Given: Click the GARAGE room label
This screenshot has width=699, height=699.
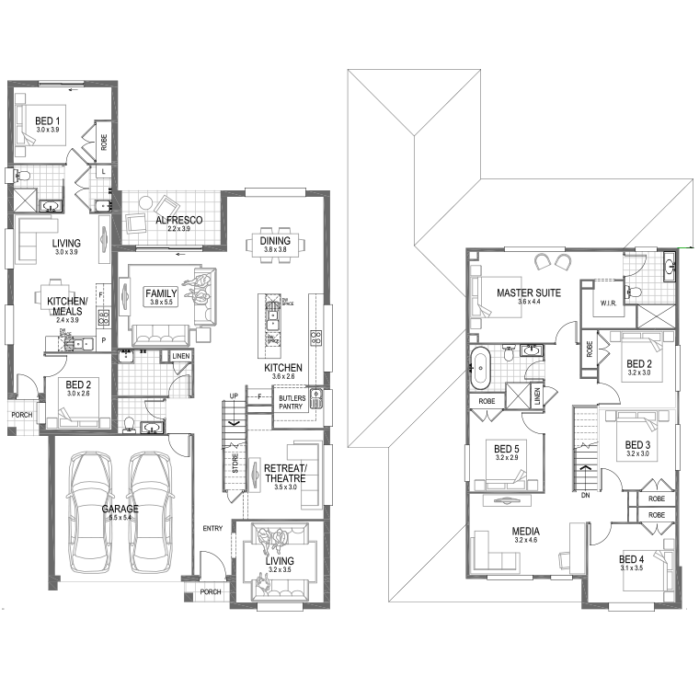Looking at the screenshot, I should (x=120, y=509).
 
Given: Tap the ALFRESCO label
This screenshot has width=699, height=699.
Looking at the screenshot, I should (x=178, y=221).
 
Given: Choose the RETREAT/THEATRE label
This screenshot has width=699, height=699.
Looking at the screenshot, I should (x=286, y=472).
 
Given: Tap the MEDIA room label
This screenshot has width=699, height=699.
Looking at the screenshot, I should (x=526, y=532).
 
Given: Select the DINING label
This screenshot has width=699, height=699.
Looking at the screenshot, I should (x=276, y=241).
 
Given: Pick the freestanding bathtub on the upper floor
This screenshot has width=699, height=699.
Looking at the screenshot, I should (x=479, y=366).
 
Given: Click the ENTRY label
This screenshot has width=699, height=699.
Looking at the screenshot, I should (x=213, y=527).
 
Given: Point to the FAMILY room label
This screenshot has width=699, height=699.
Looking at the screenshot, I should (x=161, y=293).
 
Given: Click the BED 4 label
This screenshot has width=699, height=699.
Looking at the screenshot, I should (x=631, y=558).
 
